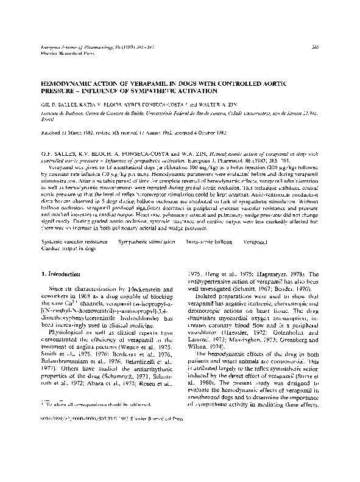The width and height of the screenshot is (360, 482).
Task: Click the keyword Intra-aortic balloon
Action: [208, 242]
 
